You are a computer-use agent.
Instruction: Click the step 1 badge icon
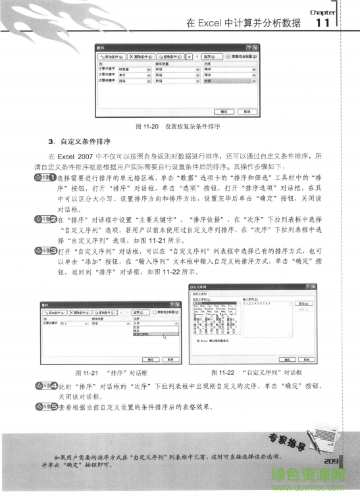tap(48, 178)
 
